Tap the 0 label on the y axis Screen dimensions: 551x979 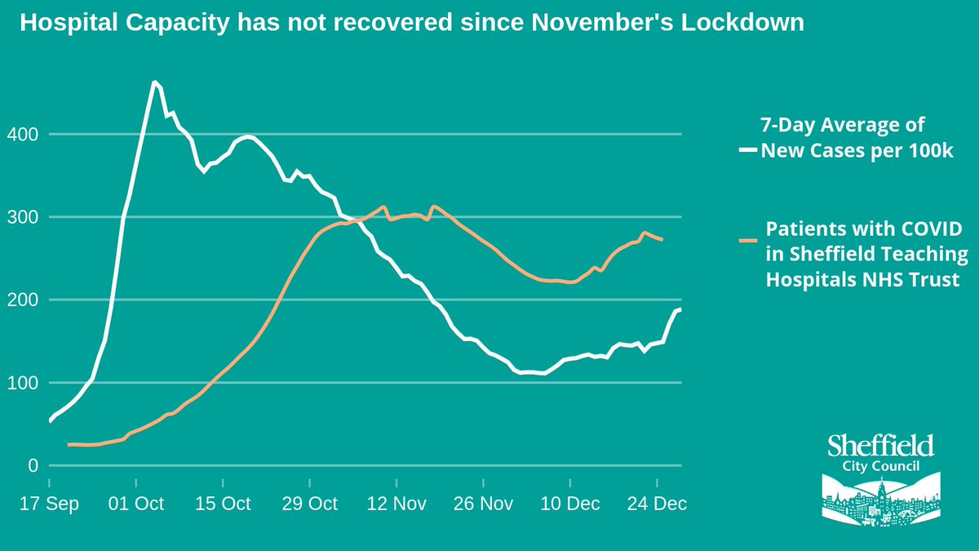click(33, 466)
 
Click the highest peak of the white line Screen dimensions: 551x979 click(153, 82)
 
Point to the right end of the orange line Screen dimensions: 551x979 click(662, 239)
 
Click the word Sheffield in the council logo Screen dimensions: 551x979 click(880, 447)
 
